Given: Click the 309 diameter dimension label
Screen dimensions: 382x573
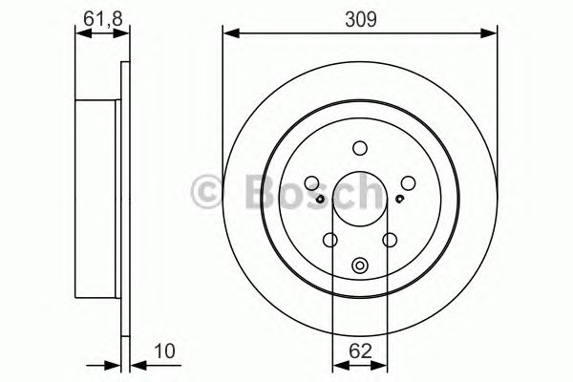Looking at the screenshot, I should pyautogui.click(x=360, y=17).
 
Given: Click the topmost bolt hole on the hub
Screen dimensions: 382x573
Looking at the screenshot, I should pyautogui.click(x=360, y=148).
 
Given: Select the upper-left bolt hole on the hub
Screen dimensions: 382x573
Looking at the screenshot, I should pyautogui.click(x=312, y=183).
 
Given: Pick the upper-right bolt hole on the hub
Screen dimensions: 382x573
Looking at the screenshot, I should pyautogui.click(x=408, y=183).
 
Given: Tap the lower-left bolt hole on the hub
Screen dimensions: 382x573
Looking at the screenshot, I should pyautogui.click(x=330, y=241).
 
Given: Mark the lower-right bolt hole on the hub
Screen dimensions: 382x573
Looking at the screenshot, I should pyautogui.click(x=390, y=241).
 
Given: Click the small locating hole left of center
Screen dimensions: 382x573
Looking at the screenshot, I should pyautogui.click(x=322, y=199).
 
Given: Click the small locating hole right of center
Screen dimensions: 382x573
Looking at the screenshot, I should pyautogui.click(x=398, y=199).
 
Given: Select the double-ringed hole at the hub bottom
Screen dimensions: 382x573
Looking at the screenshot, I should pyautogui.click(x=360, y=266).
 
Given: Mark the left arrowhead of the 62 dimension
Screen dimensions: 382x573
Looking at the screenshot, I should pyautogui.click(x=336, y=363).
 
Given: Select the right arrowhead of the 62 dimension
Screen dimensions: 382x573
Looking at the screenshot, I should pyautogui.click(x=384, y=363).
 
